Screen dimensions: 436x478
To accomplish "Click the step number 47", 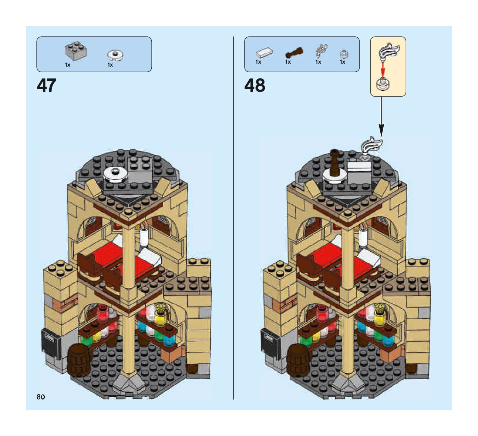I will coord(47,85).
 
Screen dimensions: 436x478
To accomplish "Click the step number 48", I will coord(255,85).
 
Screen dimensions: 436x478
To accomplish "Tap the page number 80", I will coord(41,397).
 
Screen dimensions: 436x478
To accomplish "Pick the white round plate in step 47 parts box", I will coord(115,55).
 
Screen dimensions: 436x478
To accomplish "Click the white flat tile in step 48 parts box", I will coord(264,53).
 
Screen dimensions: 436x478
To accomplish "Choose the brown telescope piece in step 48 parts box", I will coord(294,53).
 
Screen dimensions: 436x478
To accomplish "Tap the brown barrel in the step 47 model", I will coord(79,359).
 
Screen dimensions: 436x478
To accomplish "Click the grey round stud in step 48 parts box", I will coord(344,54).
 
